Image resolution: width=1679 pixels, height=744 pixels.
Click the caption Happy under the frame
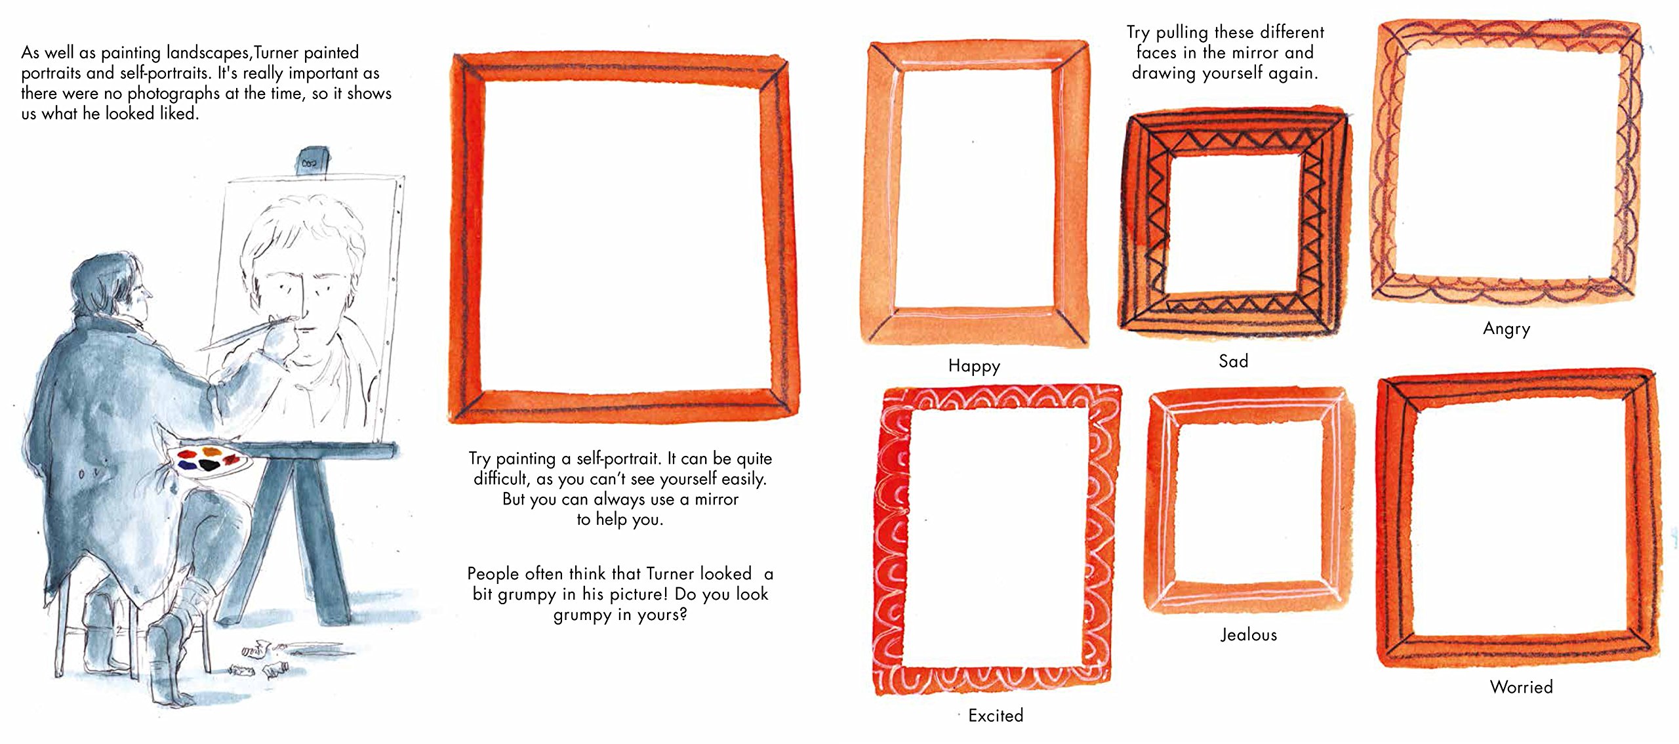(x=974, y=365)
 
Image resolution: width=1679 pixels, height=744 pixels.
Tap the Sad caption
(x=1233, y=361)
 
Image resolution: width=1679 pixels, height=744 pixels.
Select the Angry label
(x=1507, y=329)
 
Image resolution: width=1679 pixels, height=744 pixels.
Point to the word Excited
(x=996, y=715)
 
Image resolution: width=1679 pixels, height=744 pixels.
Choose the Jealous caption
(x=1249, y=634)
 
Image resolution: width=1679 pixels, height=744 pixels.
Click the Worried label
(x=1522, y=687)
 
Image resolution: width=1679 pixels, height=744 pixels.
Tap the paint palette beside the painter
(x=214, y=459)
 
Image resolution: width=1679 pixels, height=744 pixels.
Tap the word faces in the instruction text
(x=1157, y=52)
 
